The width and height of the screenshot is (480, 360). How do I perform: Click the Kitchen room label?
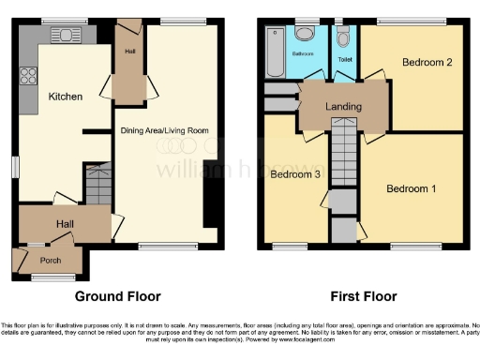click(67, 97)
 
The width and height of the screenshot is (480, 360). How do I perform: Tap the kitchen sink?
click(67, 36)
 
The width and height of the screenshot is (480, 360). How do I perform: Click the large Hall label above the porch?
click(64, 225)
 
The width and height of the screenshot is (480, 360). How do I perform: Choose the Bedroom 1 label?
click(411, 187)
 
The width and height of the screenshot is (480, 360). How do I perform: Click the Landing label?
click(343, 107)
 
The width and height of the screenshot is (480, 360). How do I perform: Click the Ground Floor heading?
click(112, 296)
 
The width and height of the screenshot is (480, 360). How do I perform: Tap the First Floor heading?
click(360, 296)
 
